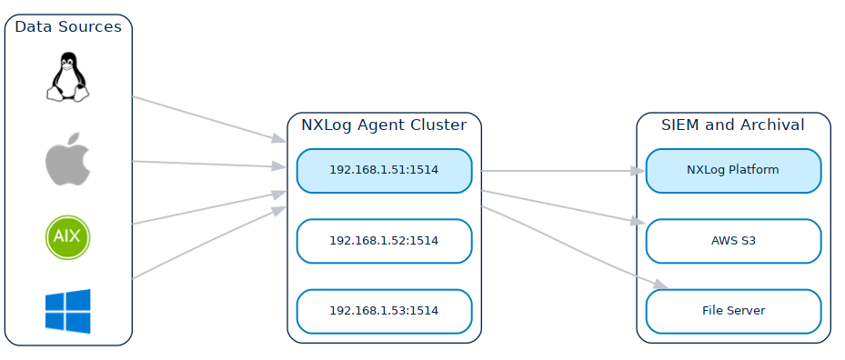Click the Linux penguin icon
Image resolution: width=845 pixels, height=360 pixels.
68,76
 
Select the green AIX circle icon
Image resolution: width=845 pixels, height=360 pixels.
68,235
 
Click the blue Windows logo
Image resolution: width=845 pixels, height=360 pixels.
68,311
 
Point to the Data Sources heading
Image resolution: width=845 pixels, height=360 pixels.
68,27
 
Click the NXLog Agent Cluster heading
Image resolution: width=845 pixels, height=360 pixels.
384,125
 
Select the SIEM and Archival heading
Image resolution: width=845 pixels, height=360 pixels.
733,125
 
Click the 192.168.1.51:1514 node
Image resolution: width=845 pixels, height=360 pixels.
384,171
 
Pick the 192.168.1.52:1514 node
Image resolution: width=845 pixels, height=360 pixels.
384,241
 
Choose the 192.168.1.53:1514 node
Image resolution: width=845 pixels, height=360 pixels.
384,311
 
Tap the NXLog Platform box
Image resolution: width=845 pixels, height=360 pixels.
733,171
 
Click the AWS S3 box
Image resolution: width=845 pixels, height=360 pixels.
733,241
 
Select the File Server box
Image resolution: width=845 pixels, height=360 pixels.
733,311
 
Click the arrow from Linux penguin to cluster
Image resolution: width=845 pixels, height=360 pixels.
205,117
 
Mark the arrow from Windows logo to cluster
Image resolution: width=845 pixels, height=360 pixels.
205,243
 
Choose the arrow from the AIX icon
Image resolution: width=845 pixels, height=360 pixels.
205,208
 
